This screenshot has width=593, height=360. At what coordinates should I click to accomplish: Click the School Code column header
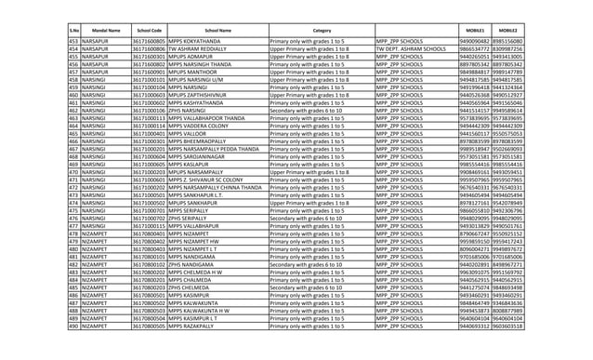pos(149,31)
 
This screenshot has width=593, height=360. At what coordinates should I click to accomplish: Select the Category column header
pos(322,31)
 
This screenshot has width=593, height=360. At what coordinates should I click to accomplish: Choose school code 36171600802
pos(149,64)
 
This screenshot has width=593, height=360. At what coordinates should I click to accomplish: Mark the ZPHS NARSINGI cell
pos(192,109)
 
